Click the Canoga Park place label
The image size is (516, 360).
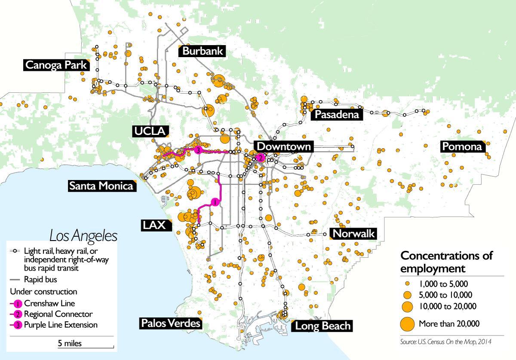point(55,65)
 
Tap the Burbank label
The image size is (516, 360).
point(203,51)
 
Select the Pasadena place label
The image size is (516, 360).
point(336,115)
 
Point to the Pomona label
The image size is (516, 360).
point(462,147)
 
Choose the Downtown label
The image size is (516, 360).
point(283,146)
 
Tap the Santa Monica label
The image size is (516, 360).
point(101,186)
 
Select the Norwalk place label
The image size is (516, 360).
point(354,234)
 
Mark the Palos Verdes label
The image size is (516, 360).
point(171,323)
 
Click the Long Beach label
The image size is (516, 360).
point(322,326)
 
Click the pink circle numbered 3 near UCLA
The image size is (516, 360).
point(197,150)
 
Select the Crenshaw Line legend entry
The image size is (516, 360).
point(50,303)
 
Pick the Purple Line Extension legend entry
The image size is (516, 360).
point(60,325)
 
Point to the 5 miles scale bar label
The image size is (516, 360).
point(70,343)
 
